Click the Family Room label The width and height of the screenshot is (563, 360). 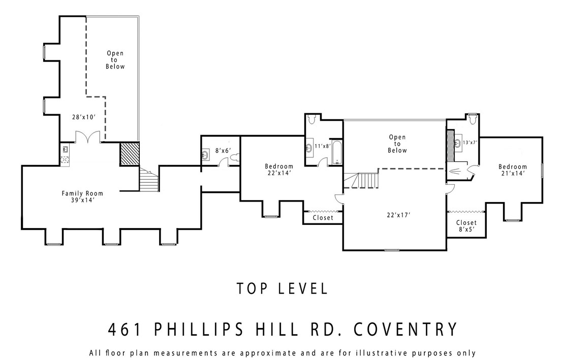pos(82,197)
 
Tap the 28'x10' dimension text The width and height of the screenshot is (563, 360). pos(84,117)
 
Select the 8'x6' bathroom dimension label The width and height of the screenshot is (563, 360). pos(223,151)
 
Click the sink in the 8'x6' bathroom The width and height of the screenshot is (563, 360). pos(205,155)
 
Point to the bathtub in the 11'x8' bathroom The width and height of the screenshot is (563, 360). pos(336,153)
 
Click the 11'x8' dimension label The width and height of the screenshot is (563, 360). pos(323,146)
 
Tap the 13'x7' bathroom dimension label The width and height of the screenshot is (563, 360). pos(470,142)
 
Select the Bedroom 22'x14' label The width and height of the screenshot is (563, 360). pos(279,170)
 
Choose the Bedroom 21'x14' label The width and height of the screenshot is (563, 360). pos(513,170)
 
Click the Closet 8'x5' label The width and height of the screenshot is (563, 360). pos(466,226)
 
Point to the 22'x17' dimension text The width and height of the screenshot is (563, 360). pos(398,215)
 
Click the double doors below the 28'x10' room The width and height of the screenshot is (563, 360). pos(87,137)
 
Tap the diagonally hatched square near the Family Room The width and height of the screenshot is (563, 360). pos(129,154)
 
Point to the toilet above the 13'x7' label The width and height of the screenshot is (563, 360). pos(473,118)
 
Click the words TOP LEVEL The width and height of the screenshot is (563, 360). pos(282,288)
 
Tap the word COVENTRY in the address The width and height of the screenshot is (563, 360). pos(405,329)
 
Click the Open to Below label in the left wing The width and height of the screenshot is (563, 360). pos(115,60)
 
